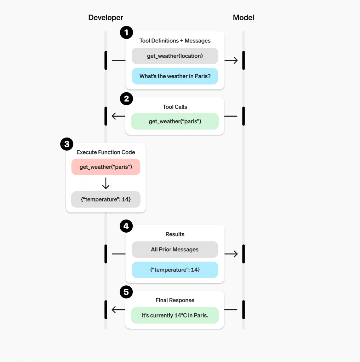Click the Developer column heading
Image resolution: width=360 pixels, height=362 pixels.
[105, 18]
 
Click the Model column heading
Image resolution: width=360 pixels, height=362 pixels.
[243, 18]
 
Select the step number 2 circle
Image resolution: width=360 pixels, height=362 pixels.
[126, 99]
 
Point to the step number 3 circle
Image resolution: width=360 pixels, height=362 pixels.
[67, 144]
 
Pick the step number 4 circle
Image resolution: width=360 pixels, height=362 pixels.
[126, 226]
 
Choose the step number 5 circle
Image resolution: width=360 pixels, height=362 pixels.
[126, 292]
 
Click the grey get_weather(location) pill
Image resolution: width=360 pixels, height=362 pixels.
[175, 56]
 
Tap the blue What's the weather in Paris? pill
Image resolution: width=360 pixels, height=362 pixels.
[175, 76]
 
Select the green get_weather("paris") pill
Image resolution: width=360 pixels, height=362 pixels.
[175, 121]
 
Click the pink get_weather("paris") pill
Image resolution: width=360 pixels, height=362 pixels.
[105, 167]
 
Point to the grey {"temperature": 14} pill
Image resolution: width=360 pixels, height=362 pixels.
[105, 199]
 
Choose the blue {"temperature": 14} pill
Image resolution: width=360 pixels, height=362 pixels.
[175, 270]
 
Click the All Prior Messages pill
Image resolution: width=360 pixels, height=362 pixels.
[175, 250]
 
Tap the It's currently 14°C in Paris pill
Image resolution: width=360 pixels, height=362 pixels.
[175, 315]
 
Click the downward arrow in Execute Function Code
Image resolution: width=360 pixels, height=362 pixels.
[105, 183]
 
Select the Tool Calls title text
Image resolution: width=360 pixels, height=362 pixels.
[175, 107]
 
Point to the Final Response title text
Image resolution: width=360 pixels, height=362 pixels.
[175, 300]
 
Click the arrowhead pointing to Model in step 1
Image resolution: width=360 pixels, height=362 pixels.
[235, 60]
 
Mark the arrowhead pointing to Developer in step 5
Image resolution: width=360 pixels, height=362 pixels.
[114, 310]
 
